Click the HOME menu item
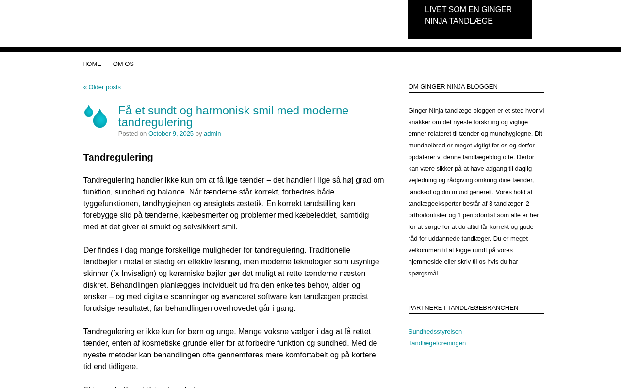coord(92,64)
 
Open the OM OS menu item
coord(123,64)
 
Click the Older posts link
coord(102,87)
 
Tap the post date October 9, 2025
coord(171,134)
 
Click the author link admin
coord(212,134)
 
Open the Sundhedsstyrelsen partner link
coord(435,332)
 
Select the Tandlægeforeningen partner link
coord(437,343)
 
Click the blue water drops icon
coord(96,116)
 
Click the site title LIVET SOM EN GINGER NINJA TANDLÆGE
coord(468,16)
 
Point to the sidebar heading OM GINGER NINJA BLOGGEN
coord(453,87)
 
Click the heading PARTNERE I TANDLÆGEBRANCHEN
coord(463,308)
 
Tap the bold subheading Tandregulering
coord(118,157)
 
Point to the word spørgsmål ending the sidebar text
coord(423,274)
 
